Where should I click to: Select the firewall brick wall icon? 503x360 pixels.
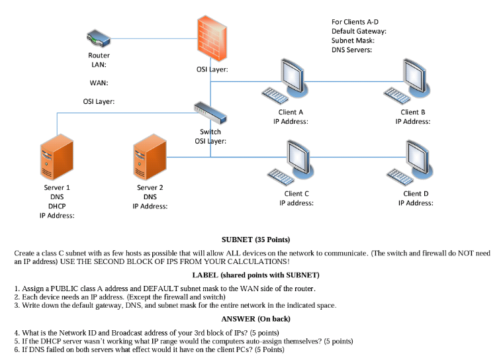(210, 38)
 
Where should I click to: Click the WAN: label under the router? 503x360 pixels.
(99, 83)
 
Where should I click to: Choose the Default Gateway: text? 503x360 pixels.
(359, 31)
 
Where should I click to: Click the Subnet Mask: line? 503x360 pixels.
(353, 40)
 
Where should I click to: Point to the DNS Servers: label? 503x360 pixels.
(351, 50)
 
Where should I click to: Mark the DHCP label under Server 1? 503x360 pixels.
(57, 206)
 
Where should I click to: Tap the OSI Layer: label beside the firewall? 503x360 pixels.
(213, 69)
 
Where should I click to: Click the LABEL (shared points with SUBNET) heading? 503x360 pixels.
(255, 275)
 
